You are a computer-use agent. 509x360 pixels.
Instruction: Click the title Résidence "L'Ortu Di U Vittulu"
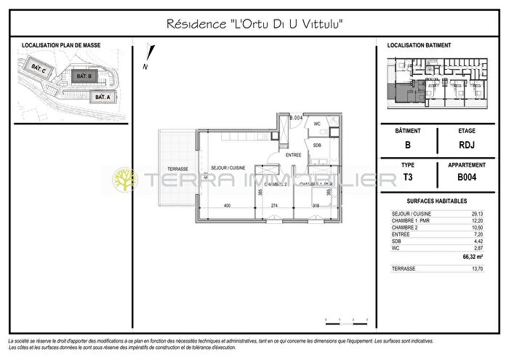254,25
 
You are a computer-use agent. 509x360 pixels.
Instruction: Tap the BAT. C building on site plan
39,69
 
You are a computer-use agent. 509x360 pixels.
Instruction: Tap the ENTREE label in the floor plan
293,155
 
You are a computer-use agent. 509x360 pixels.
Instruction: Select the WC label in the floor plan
316,124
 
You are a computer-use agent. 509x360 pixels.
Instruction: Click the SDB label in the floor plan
316,145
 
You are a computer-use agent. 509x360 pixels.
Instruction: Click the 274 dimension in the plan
274,206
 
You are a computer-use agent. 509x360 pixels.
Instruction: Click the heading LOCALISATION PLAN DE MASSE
61,45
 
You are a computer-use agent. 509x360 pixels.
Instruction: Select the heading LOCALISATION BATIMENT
419,45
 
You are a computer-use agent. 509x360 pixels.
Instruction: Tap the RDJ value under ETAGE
467,144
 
